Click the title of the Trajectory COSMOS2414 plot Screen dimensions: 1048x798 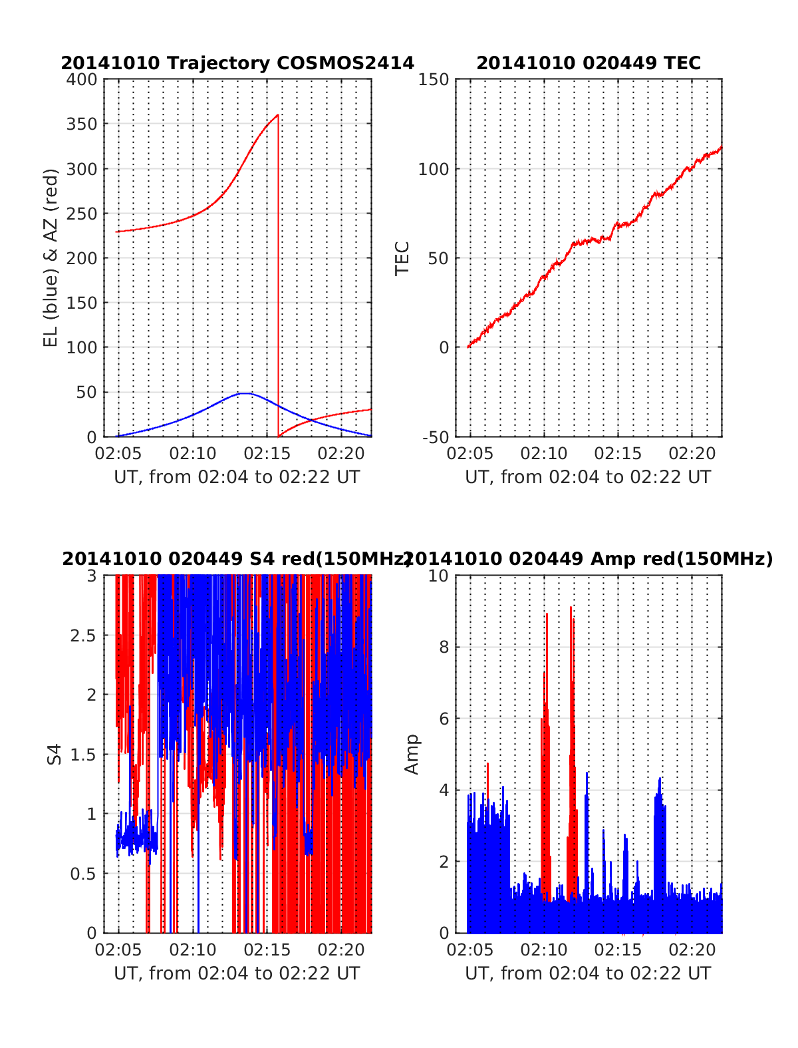point(237,63)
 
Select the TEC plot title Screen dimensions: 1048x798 point(589,63)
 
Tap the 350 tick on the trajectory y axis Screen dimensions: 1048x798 point(82,124)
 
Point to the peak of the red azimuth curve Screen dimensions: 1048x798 point(277,115)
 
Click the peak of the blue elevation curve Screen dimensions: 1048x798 point(245,393)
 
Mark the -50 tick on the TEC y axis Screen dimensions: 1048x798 point(436,437)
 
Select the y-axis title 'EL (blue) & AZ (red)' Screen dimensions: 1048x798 point(51,258)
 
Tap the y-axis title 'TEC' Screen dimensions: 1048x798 point(402,258)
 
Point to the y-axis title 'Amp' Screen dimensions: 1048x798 point(412,754)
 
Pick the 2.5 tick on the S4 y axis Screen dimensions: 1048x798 point(83,635)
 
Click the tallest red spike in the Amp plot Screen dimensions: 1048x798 point(570,608)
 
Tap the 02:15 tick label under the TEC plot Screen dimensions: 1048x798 point(618,454)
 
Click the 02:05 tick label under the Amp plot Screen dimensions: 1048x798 point(470,950)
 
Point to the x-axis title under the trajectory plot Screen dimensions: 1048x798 point(237,477)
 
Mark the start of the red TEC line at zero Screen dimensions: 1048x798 point(468,347)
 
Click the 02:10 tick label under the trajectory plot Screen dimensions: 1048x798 point(193,454)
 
